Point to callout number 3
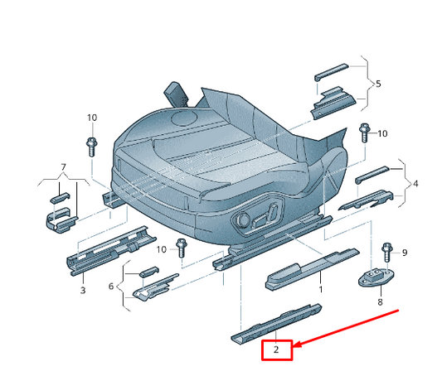(x=82, y=290)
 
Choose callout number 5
(x=111, y=286)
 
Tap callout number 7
(x=379, y=302)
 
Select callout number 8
(x=406, y=252)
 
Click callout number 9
(x=386, y=252)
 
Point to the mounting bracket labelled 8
(x=376, y=278)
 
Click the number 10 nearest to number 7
(x=91, y=118)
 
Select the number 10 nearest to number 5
(x=382, y=133)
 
